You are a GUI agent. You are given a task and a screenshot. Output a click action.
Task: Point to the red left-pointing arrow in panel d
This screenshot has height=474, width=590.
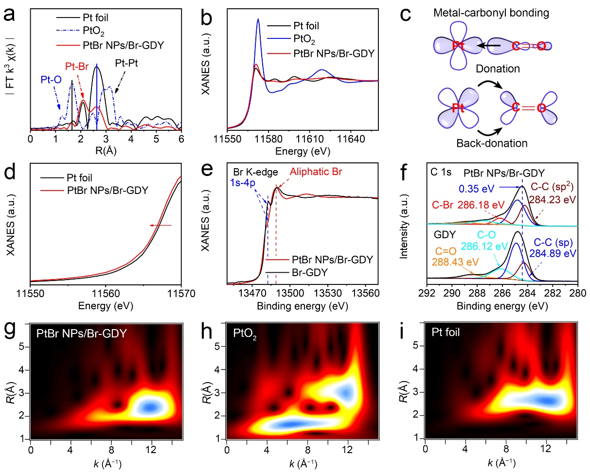(x=161, y=226)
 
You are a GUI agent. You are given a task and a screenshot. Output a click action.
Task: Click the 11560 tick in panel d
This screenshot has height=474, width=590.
(x=106, y=294)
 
